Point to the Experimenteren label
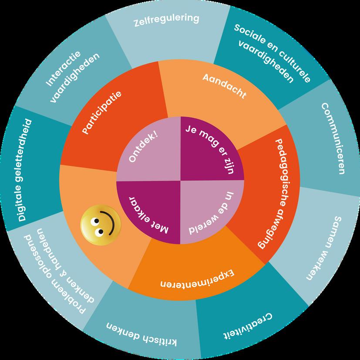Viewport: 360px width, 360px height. pyautogui.click(x=198, y=280)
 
